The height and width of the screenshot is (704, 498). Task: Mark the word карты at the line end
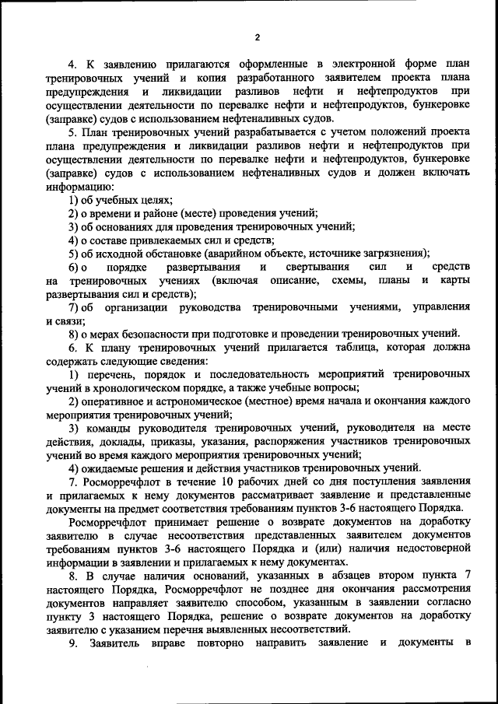(455, 280)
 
